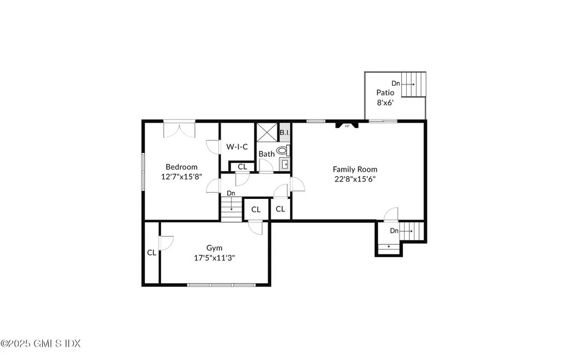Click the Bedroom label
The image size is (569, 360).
[x=182, y=167]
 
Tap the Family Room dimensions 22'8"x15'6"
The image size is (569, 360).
[x=355, y=179]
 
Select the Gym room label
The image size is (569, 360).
[x=214, y=248]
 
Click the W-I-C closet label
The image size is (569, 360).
[x=237, y=147]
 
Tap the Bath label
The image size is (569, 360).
[x=266, y=154]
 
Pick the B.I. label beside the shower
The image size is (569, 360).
[x=284, y=133]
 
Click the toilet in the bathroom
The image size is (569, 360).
[x=283, y=150]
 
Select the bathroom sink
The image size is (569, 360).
[x=284, y=164]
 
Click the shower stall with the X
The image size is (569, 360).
[x=267, y=133]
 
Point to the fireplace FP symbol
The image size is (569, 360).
[x=347, y=126]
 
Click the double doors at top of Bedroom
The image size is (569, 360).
[x=179, y=130]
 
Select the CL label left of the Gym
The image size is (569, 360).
[x=151, y=253]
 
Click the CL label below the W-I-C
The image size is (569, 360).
[x=242, y=167]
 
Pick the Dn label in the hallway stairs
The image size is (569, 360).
[x=231, y=193]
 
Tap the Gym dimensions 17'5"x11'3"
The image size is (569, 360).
[x=214, y=258]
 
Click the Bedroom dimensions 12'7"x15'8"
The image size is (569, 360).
[x=182, y=177]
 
